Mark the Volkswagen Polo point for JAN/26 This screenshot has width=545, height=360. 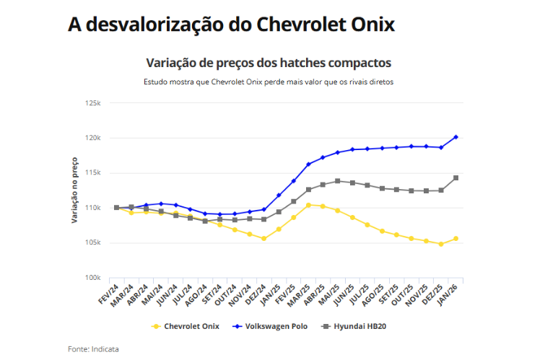(455, 137)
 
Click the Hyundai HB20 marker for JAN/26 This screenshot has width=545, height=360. (455, 177)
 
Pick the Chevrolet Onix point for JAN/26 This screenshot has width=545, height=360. (455, 239)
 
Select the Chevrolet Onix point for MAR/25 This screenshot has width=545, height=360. (308, 205)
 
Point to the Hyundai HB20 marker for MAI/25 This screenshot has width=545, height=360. (338, 181)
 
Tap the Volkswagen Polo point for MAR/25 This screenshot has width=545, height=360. (308, 164)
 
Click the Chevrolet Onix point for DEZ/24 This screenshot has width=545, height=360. (264, 238)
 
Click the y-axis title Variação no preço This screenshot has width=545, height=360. (75, 190)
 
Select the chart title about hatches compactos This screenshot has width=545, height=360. (269, 62)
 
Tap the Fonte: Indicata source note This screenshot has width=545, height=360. (93, 348)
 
